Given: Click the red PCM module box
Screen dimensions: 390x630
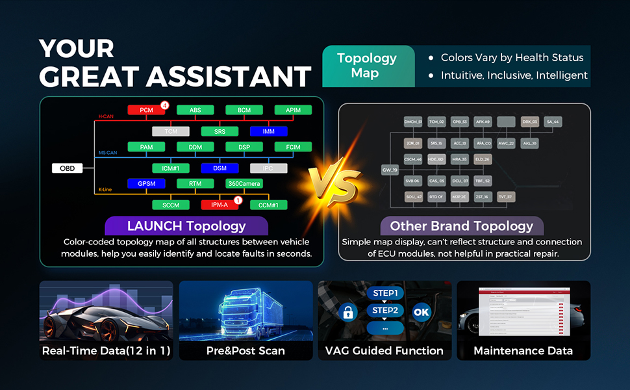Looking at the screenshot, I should coord(146,110).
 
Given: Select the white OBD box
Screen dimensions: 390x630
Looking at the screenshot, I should coord(67,168).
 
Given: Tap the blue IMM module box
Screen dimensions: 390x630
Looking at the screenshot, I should coord(269,131).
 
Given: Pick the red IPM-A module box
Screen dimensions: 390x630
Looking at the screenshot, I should coord(220,205).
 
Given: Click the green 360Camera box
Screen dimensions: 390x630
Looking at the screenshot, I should coord(244,184).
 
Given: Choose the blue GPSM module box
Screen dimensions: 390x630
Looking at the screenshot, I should coord(146,184).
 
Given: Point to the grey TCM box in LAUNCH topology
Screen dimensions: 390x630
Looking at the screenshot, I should coord(170,131).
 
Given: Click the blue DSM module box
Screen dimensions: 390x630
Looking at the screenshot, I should coord(220,168).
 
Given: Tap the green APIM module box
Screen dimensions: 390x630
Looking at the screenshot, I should coord(293,110).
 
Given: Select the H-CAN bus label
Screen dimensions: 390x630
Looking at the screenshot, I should coord(106,116).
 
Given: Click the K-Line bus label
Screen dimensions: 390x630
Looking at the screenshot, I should coord(106,190).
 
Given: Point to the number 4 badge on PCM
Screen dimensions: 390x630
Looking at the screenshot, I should coord(165,105).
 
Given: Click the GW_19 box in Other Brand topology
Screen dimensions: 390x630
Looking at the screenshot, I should coord(390,170).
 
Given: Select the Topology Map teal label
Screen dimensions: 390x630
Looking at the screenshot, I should coord(368,66).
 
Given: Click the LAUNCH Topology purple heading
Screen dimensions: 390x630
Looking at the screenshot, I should coord(186,226).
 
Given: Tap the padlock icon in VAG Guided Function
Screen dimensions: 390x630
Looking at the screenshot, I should coord(348,312).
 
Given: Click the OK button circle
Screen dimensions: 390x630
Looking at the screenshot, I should coord(422,312).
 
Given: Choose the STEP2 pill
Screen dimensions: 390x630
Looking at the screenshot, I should coord(384,310).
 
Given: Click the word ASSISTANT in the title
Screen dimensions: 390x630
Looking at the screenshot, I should coord(229,77).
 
